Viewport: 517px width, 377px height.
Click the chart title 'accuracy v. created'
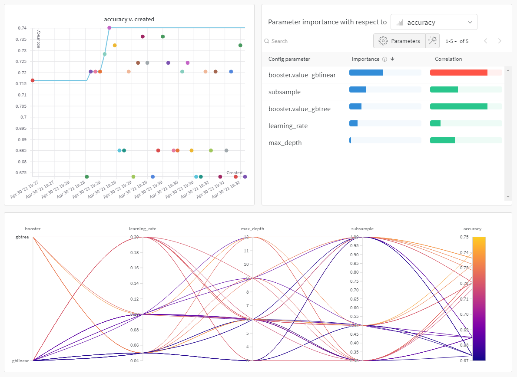click(x=129, y=19)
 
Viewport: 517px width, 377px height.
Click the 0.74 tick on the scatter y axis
click(x=22, y=28)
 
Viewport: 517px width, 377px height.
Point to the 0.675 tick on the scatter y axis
click(x=21, y=173)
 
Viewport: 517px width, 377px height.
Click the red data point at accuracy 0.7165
click(x=33, y=80)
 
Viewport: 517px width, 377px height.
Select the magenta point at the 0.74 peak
click(x=109, y=28)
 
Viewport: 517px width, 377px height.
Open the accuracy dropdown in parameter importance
click(x=434, y=22)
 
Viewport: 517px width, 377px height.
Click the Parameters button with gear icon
click(x=399, y=41)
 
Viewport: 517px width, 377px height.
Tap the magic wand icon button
click(x=432, y=41)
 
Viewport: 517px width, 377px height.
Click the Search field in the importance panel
click(x=304, y=41)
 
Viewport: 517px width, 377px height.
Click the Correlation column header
click(x=448, y=59)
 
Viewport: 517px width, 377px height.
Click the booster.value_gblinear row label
click(x=302, y=75)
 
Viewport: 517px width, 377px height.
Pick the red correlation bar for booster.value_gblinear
click(x=458, y=73)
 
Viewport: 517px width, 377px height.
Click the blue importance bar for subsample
click(x=358, y=89)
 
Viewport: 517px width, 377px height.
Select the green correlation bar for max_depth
click(x=442, y=140)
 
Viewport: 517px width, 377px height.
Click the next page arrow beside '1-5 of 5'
click(x=500, y=41)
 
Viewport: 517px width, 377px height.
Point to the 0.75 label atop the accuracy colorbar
click(x=465, y=237)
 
